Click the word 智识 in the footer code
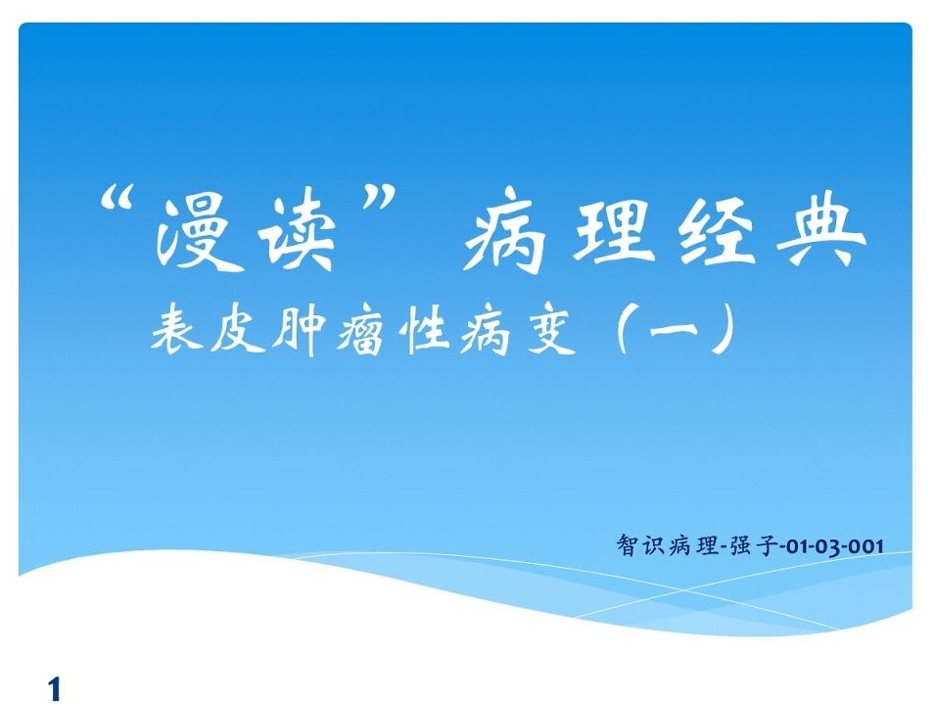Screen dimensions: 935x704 click(640, 544)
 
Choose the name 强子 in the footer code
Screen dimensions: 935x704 click(754, 545)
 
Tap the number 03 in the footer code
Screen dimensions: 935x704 click(825, 546)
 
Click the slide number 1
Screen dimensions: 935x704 click(55, 689)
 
